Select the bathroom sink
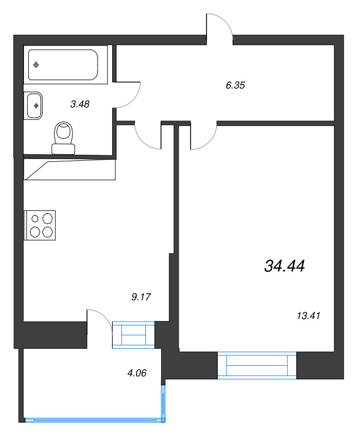(34, 104)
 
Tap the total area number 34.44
(284, 266)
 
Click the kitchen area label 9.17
(141, 297)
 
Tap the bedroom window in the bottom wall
(257, 365)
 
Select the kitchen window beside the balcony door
(133, 334)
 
